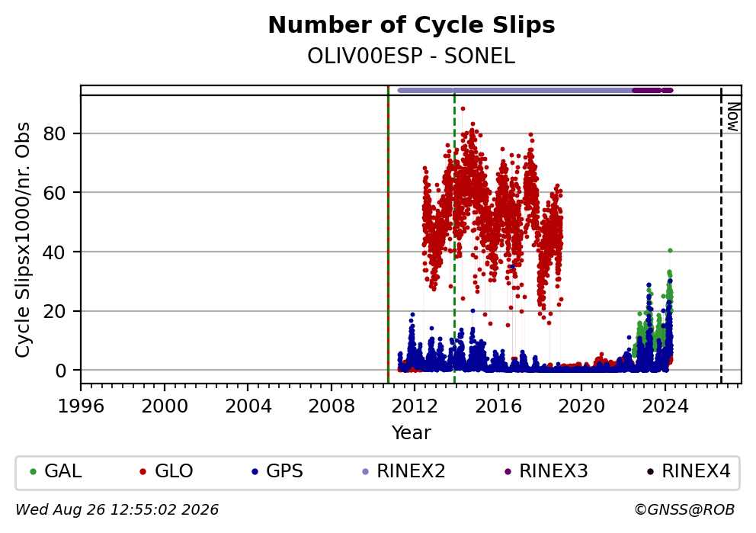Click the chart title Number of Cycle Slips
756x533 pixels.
pyautogui.click(x=412, y=25)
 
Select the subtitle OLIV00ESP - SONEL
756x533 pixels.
pyautogui.click(x=412, y=56)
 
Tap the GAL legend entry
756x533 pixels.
pyautogui.click(x=56, y=470)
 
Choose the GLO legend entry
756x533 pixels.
pyautogui.click(x=166, y=470)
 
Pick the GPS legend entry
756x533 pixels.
pyautogui.click(x=277, y=470)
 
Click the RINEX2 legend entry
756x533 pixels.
pyautogui.click(x=404, y=470)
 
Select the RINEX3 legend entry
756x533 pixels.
pyautogui.click(x=546, y=470)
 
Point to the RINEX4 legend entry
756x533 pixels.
pyautogui.click(x=689, y=470)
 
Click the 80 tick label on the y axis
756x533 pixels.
pyautogui.click(x=54, y=133)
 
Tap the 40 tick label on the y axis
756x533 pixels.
pyautogui.click(x=54, y=252)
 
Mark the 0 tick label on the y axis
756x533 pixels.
pyautogui.click(x=61, y=371)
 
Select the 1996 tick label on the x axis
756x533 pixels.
pyautogui.click(x=81, y=406)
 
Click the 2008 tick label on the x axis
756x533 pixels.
pyautogui.click(x=332, y=406)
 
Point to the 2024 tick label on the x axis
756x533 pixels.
pyautogui.click(x=665, y=406)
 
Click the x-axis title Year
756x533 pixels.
pyautogui.click(x=412, y=432)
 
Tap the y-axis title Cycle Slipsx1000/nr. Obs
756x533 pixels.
pyautogui.click(x=22, y=239)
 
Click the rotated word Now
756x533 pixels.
pyautogui.click(x=733, y=117)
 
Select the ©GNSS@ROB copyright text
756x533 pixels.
pyautogui.click(x=684, y=509)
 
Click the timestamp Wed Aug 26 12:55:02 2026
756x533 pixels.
pyautogui.click(x=117, y=509)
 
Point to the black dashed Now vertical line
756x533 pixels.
pyautogui.click(x=721, y=235)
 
